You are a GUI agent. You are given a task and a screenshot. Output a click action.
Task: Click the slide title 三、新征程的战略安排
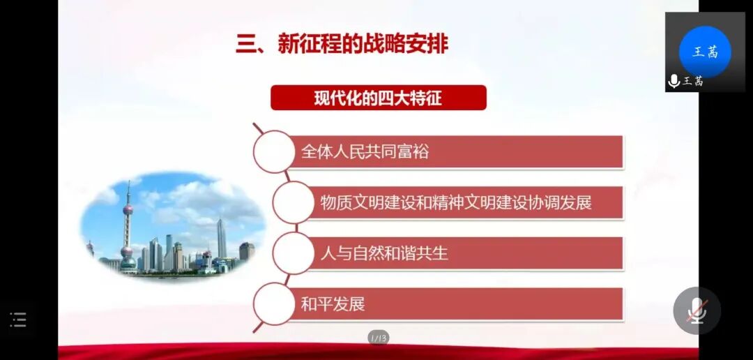[x=342, y=45]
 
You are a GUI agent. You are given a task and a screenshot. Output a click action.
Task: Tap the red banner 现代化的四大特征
[x=378, y=98]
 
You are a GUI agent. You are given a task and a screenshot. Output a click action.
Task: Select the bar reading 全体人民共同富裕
[x=453, y=151]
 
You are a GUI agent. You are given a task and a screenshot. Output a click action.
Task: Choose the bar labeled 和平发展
[x=453, y=304]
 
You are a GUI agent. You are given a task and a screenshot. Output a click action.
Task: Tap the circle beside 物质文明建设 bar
[x=294, y=203]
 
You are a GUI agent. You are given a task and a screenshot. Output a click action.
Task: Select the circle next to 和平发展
[x=274, y=304]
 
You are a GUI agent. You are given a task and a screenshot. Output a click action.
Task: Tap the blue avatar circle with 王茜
[x=705, y=52]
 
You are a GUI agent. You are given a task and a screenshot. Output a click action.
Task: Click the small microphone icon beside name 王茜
[x=674, y=81]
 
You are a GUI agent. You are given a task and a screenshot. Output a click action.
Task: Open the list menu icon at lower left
[x=18, y=320]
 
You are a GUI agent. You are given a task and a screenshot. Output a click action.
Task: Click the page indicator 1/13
[x=378, y=338]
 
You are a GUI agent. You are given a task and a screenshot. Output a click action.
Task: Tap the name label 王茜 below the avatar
[x=693, y=81]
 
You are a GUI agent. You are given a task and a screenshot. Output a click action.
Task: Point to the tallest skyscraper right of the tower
[x=221, y=239]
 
